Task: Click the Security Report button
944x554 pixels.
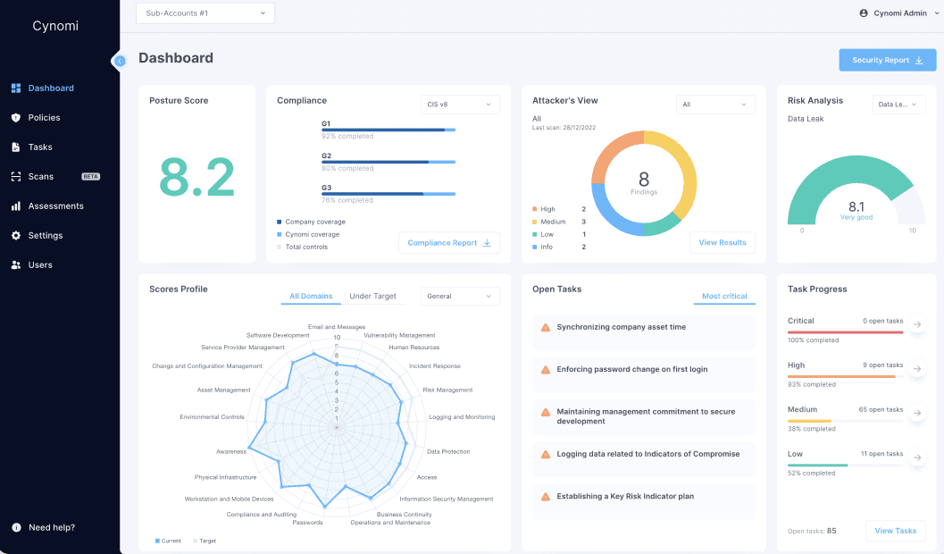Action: tap(887, 60)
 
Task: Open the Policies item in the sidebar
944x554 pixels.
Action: tap(44, 118)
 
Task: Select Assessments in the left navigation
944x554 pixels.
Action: tap(55, 206)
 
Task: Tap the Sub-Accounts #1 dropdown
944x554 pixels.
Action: tap(205, 13)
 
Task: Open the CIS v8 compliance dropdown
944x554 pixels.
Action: tap(460, 105)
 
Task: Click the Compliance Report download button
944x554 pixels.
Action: tap(448, 243)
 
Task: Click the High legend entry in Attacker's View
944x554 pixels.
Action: tap(547, 209)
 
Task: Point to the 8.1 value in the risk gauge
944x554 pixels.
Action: tap(856, 206)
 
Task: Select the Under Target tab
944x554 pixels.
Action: tap(372, 297)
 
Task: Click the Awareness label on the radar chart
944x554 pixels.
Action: tap(230, 451)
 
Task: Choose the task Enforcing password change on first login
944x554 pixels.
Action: tap(632, 370)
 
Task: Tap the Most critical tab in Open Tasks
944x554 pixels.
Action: tap(724, 297)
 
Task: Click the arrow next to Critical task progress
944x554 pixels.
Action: tap(917, 324)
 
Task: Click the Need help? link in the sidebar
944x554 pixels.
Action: tap(51, 527)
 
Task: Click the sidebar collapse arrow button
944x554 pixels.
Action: tap(120, 61)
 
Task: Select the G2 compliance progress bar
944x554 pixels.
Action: tap(388, 162)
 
